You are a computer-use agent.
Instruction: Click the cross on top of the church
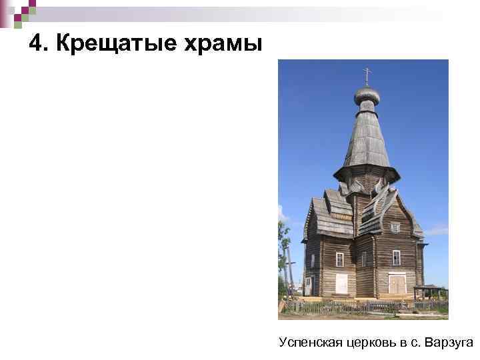point(366,74)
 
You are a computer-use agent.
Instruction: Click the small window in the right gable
point(396,227)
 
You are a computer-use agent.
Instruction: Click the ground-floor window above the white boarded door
point(340,259)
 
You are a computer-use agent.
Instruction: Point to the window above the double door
point(397,257)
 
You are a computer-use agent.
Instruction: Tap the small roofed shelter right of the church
point(429,291)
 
